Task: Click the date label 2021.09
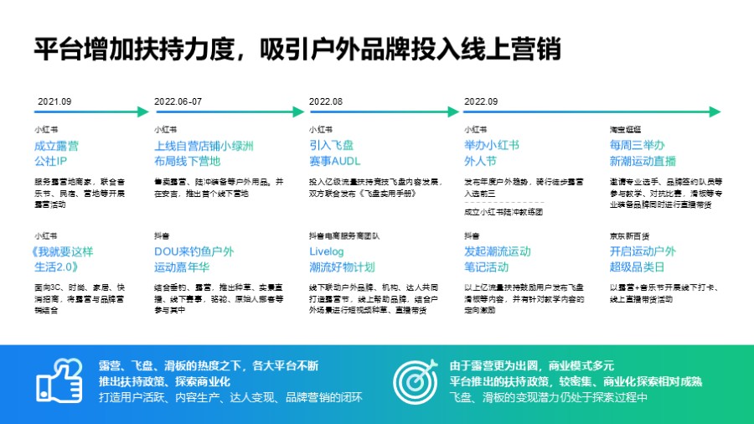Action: [x=54, y=101]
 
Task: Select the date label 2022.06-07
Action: [x=178, y=101]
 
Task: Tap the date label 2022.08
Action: [x=326, y=101]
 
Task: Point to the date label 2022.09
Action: [x=481, y=101]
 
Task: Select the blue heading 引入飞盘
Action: [x=332, y=145]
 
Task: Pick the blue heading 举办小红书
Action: [x=492, y=145]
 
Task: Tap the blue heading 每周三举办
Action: [x=637, y=145]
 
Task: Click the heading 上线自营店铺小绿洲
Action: [x=204, y=145]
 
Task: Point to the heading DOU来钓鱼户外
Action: [x=194, y=251]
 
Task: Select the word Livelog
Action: [x=327, y=251]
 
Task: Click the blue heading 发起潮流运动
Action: [x=498, y=251]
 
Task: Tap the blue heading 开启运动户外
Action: [x=643, y=251]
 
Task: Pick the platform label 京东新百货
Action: [x=628, y=236]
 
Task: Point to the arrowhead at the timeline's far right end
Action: [x=715, y=111]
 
